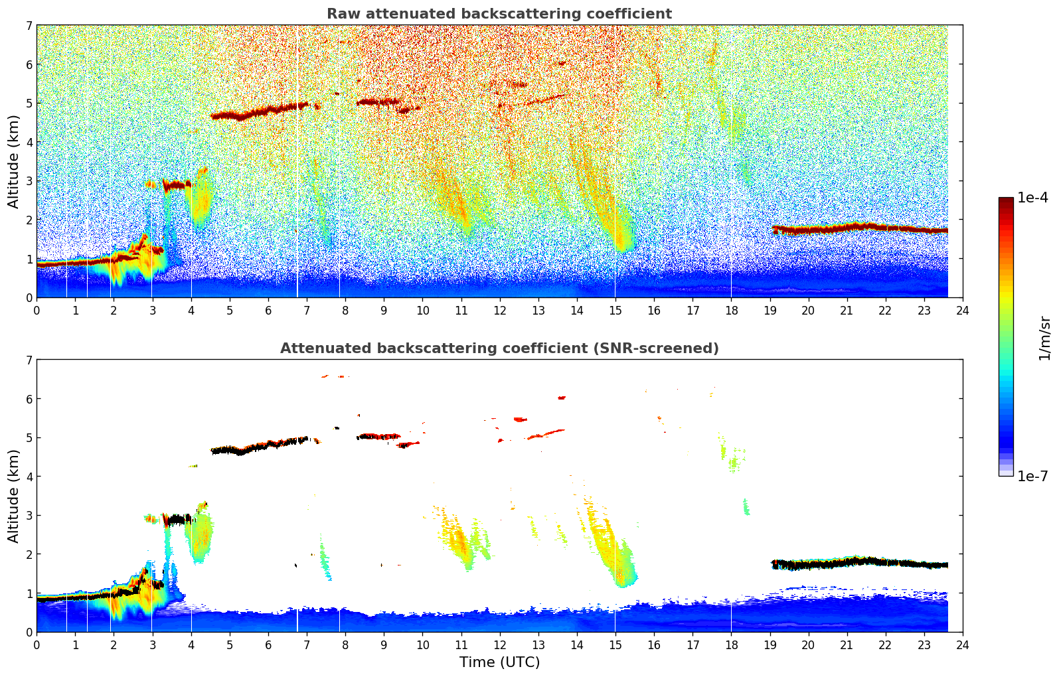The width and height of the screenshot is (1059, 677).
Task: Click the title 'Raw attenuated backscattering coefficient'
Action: click(x=499, y=14)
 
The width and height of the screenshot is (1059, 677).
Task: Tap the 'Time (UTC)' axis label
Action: click(x=499, y=662)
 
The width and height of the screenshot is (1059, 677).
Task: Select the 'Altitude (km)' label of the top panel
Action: click(x=14, y=161)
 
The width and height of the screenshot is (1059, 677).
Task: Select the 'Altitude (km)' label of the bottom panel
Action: click(x=14, y=496)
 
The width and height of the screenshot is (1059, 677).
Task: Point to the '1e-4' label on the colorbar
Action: click(x=1032, y=198)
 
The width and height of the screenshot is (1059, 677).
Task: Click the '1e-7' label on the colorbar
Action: click(x=1032, y=476)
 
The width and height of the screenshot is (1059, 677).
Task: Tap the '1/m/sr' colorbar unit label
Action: click(x=1044, y=337)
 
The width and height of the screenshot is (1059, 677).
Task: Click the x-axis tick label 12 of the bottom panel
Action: click(x=499, y=645)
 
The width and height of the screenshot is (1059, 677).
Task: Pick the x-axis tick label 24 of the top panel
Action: click(x=962, y=311)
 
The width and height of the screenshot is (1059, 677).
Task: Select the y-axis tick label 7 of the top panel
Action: click(x=29, y=26)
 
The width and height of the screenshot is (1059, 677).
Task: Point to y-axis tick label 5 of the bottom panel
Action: click(x=29, y=438)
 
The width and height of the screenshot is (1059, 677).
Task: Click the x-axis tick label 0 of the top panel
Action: click(x=37, y=311)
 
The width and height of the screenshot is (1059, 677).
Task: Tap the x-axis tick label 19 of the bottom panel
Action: click(x=770, y=645)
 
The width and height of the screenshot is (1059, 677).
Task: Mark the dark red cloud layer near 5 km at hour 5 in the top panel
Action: click(x=229, y=115)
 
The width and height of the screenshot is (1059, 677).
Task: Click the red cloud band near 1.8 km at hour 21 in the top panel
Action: click(x=847, y=228)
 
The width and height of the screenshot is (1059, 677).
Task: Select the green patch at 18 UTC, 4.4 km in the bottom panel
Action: click(x=733, y=463)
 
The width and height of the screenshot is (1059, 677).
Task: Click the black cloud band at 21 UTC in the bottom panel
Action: click(x=847, y=563)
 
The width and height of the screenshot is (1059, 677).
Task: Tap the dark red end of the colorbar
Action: click(x=1005, y=201)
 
